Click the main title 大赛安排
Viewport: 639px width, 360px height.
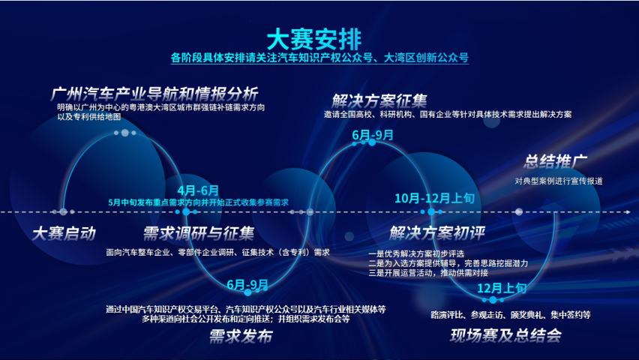point(314,39)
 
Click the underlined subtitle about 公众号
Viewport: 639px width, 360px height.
point(319,58)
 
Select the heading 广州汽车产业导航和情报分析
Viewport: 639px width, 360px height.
point(154,94)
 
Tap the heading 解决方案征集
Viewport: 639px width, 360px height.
point(379,100)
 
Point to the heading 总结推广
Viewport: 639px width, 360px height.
point(555,161)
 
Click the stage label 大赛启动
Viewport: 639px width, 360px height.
point(64,233)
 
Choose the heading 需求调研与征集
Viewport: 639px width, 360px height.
point(199,233)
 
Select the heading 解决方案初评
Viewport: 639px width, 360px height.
point(436,232)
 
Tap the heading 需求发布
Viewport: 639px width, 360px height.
point(241,336)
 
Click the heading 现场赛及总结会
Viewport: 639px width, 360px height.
point(505,335)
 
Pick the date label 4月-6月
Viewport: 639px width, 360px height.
point(198,190)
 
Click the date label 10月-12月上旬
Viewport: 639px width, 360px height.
point(434,198)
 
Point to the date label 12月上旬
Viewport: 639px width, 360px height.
point(502,288)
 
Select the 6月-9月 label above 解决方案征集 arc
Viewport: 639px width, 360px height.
point(373,135)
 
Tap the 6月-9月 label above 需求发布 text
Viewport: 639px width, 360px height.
point(247,284)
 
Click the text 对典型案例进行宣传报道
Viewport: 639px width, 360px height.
point(558,181)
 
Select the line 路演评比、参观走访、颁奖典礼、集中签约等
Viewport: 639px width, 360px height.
point(511,315)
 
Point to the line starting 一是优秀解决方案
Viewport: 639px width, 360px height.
point(416,253)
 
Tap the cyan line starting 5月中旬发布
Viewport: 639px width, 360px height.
point(199,202)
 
